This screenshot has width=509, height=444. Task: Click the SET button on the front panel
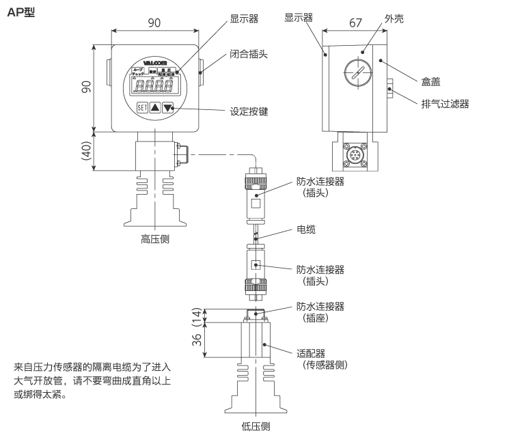[141, 107]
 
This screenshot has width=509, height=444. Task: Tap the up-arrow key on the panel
[155, 107]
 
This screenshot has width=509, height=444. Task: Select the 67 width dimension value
[355, 22]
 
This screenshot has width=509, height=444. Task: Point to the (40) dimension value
[86, 151]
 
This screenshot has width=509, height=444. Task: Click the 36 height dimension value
[196, 339]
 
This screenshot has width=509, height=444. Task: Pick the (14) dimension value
[197, 315]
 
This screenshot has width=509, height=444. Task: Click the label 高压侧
[154, 239]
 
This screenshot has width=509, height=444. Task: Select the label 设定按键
[249, 111]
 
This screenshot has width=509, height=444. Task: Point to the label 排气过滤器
[445, 104]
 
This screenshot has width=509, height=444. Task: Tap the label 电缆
[306, 230]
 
